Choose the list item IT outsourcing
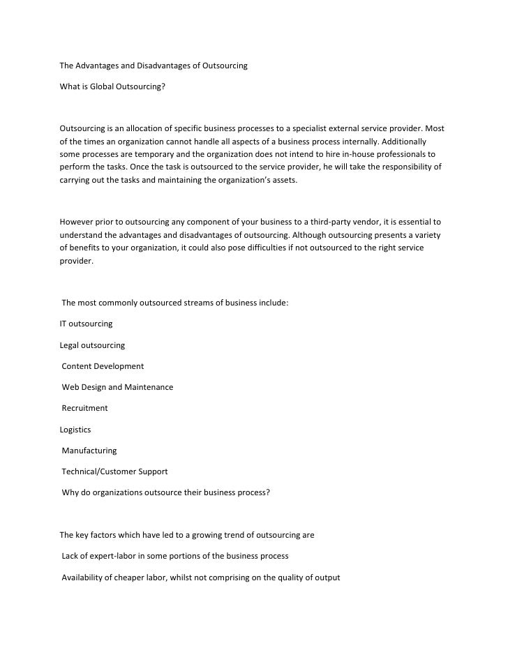(86, 324)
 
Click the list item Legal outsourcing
(92, 345)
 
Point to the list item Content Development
(103, 366)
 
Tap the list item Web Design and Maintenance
(117, 387)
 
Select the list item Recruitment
(84, 408)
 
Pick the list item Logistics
(75, 429)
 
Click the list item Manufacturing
(89, 451)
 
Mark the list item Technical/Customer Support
(114, 471)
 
